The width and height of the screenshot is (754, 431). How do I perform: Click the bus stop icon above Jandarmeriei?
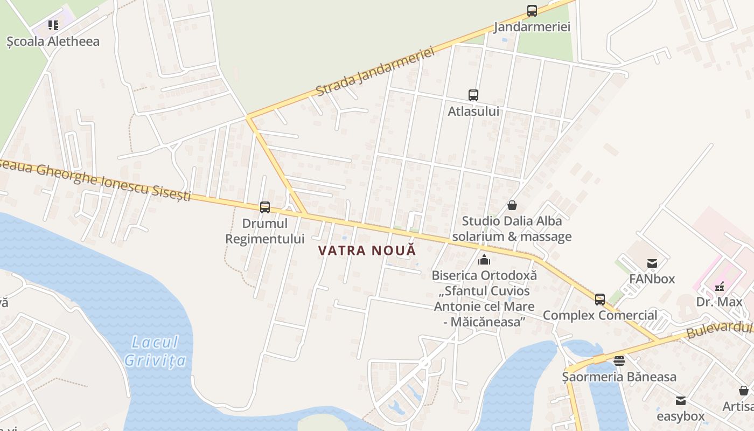(532, 10)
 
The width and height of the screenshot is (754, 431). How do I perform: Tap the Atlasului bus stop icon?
(473, 95)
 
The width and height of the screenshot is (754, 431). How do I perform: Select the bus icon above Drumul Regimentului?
(265, 207)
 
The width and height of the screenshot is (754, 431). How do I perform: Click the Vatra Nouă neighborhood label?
(367, 251)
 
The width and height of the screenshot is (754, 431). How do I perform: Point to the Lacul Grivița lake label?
(155, 351)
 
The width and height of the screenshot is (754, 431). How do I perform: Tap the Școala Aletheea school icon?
(53, 25)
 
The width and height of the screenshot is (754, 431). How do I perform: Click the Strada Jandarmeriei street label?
(375, 72)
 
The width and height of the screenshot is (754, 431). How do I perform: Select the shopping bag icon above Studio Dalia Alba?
(512, 205)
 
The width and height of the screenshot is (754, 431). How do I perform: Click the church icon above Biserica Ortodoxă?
(484, 260)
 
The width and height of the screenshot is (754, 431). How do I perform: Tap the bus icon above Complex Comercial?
(600, 300)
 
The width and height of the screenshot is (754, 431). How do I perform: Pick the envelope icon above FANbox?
(652, 263)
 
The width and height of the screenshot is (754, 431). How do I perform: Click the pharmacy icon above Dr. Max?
(720, 287)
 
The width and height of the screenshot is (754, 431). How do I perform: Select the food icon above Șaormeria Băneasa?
(619, 361)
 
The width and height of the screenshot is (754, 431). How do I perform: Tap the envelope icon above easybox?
(681, 401)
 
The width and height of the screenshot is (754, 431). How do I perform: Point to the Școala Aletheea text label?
(53, 41)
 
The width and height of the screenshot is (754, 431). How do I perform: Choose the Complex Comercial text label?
(600, 315)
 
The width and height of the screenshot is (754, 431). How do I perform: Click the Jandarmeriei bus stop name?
(532, 27)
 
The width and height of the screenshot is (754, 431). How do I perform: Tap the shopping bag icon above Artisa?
(744, 391)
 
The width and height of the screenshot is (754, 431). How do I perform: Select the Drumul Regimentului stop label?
(265, 231)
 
